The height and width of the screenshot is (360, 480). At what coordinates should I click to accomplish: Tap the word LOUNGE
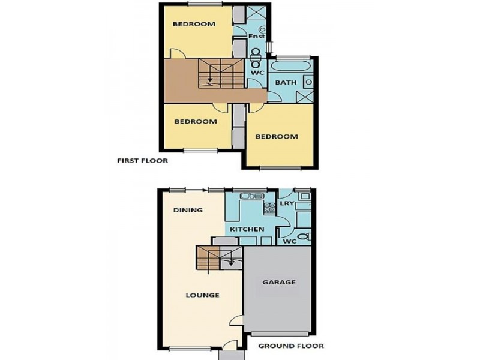pos(202,295)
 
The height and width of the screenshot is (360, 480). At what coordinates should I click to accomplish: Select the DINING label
pos(187,210)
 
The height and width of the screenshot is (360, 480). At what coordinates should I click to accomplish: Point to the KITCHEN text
pos(246,229)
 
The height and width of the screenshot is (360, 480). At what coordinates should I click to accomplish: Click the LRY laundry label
pos(287,204)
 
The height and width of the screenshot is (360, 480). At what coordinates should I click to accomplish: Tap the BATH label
pos(286,82)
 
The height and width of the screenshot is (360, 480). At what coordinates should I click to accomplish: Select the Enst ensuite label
pos(257,37)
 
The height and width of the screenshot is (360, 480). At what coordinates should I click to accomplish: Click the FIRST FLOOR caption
pos(142,161)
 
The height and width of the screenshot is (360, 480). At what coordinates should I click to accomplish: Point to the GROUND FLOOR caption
pos(291,346)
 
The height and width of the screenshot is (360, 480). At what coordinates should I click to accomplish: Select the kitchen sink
pos(253,196)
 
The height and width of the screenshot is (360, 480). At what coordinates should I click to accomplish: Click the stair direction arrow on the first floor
pos(209,77)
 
